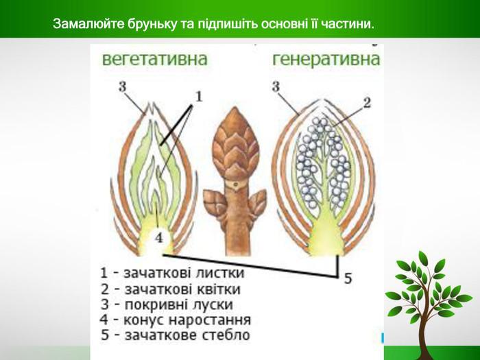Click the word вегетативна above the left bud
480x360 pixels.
(154, 59)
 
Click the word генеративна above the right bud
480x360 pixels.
(326, 59)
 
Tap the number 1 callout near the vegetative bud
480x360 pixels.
(199, 97)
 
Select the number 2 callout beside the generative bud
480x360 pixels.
(367, 103)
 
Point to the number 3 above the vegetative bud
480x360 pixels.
(123, 86)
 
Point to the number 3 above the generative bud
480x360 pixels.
(276, 86)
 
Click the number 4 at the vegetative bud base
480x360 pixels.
(159, 237)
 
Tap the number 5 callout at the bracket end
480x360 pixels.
(348, 278)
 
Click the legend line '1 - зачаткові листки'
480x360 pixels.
(172, 273)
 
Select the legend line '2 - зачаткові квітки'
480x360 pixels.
(171, 289)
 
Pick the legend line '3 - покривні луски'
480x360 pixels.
(167, 304)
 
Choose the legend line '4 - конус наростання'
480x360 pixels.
(175, 320)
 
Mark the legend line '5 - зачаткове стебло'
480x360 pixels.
(176, 335)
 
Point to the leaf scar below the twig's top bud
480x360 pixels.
(235, 184)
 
